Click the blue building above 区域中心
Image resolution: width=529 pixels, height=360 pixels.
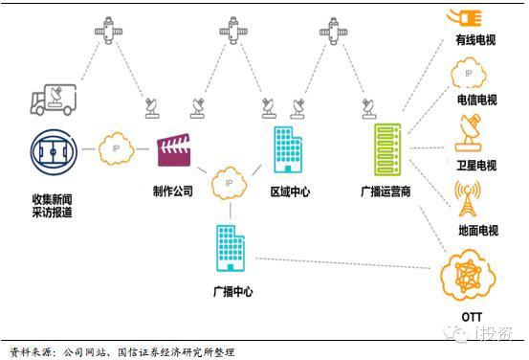point(287,148)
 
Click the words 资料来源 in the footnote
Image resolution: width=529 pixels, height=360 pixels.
point(30,351)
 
